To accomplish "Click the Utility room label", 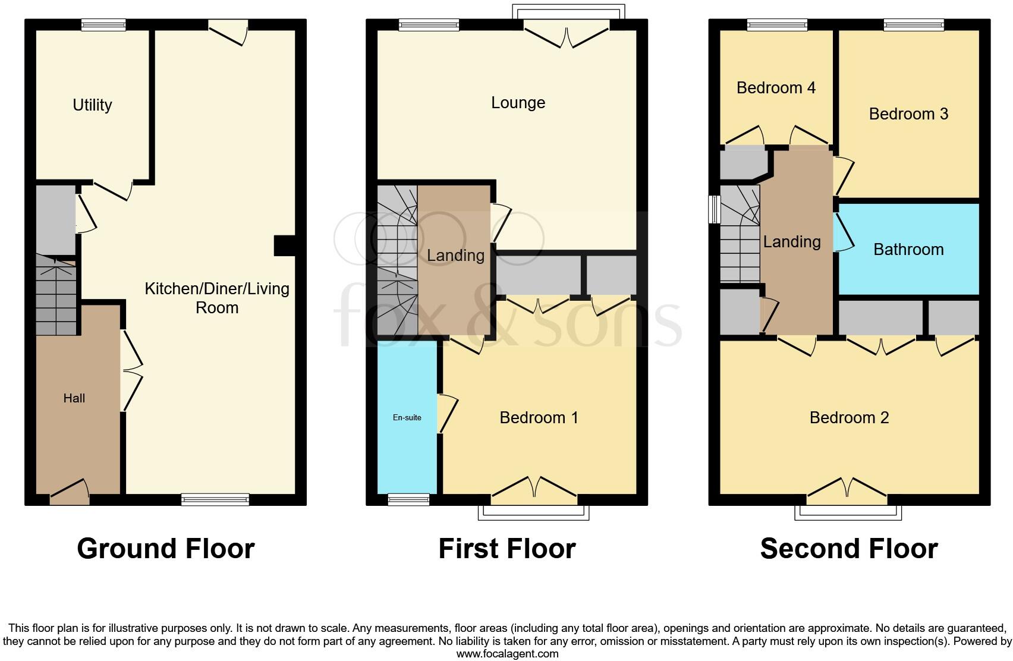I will coord(92,105).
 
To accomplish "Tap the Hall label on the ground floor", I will coord(74,398).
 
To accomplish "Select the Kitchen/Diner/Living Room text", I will coord(217,298).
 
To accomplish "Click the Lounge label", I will coord(518,103).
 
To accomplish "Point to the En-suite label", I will coord(407,418).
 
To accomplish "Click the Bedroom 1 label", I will coord(539,417).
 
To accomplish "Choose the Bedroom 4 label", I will coord(776,88).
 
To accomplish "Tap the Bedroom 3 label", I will coord(908,114).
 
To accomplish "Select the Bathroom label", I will coord(908,250).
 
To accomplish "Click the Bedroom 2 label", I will coord(849,417).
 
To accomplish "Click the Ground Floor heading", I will coord(166,549).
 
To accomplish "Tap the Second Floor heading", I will coord(849,549).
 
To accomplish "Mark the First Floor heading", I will coord(507,549).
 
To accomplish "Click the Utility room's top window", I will coord(103,24).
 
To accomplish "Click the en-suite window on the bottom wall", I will coord(408,500).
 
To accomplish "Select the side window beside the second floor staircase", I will coord(714,210).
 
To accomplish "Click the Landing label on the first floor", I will coord(455,256).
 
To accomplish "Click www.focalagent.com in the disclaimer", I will coord(507,654).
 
